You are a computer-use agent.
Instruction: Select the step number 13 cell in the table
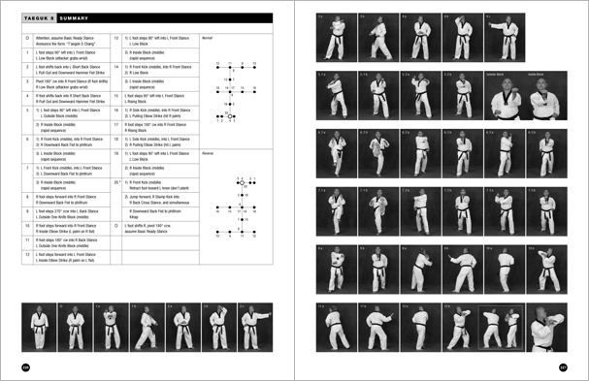point(116,39)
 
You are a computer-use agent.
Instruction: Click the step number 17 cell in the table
point(116,124)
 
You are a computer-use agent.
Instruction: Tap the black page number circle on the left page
point(25,365)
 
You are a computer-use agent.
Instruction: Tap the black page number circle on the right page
point(564,365)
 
